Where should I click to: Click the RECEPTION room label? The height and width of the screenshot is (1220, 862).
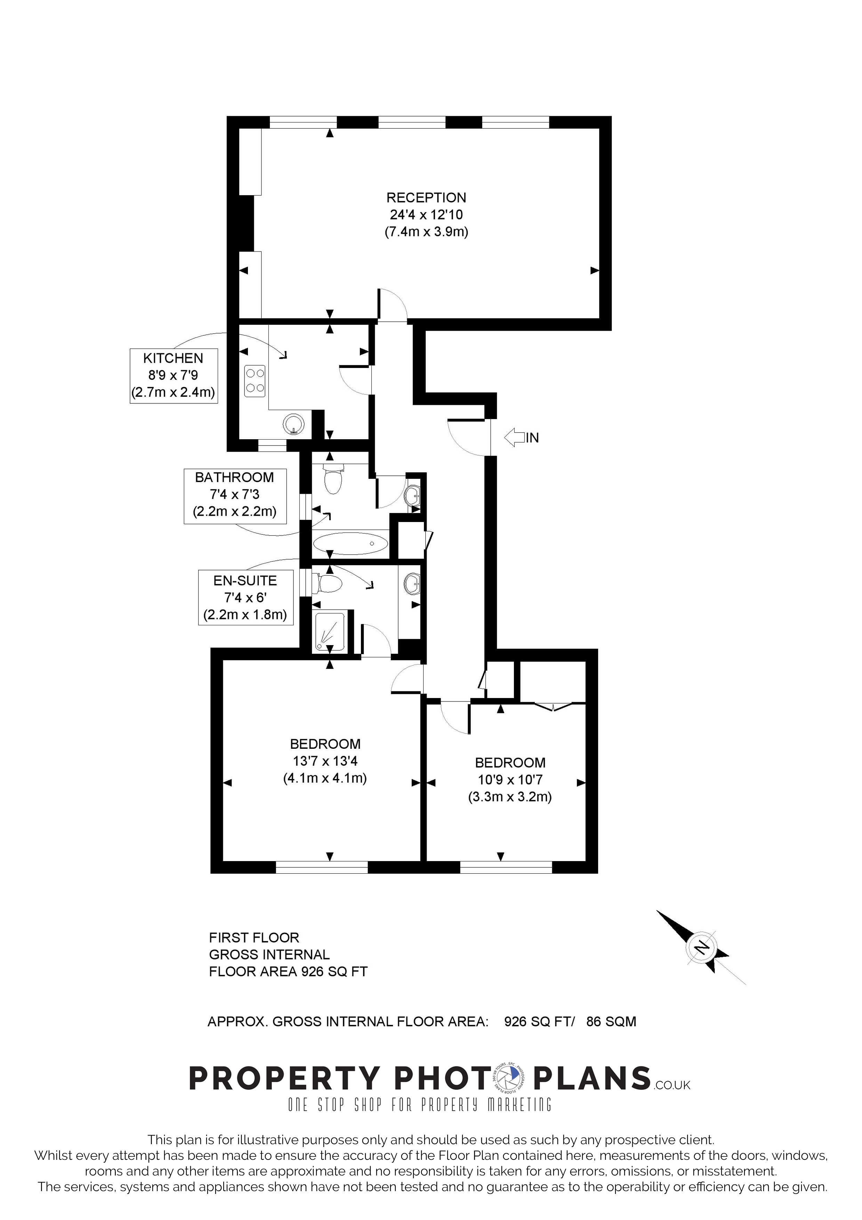pyautogui.click(x=426, y=198)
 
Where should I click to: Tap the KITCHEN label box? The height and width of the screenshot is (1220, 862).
pyautogui.click(x=174, y=376)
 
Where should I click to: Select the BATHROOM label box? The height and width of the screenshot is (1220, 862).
pyautogui.click(x=235, y=496)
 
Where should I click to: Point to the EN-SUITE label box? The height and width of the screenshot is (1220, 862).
pyautogui.click(x=245, y=597)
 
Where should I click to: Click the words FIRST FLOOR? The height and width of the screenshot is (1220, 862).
pyautogui.click(x=254, y=937)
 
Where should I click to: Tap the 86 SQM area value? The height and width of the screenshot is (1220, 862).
pyautogui.click(x=611, y=1021)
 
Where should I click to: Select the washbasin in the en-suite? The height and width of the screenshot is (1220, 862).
pyautogui.click(x=412, y=584)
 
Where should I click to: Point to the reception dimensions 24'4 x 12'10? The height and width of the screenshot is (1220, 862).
pyautogui.click(x=426, y=215)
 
